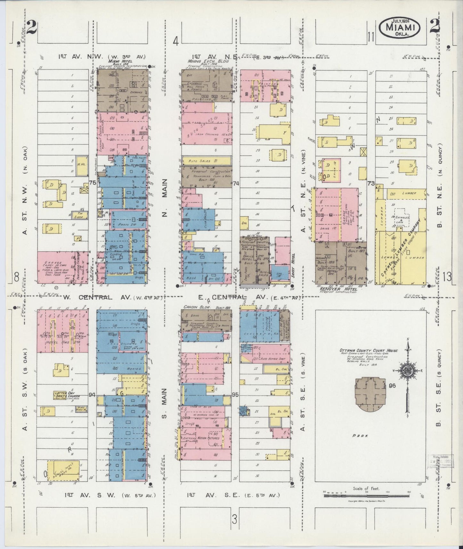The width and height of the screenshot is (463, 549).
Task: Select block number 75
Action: [x=93, y=183]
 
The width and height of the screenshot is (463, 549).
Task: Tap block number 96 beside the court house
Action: [x=392, y=386]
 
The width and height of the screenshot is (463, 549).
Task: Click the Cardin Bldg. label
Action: [x=197, y=307]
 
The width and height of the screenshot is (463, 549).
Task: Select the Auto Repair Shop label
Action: [x=274, y=359]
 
